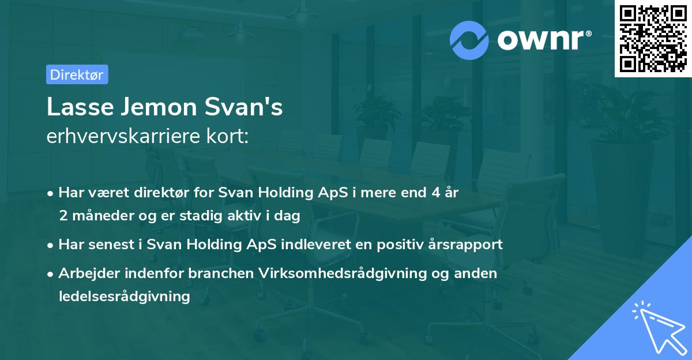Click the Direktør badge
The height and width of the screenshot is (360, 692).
click(77, 74)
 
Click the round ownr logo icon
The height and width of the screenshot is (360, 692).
click(469, 40)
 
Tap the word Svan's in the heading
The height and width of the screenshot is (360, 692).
click(245, 107)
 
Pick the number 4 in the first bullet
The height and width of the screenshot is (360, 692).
click(427, 193)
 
